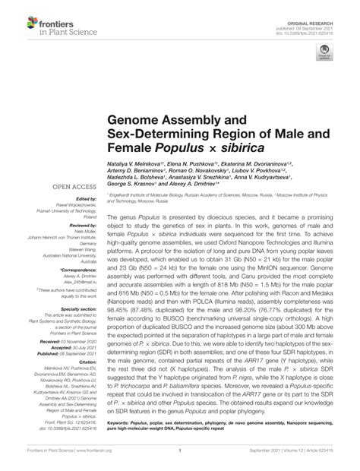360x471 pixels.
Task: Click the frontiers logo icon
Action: (x=21, y=17)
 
